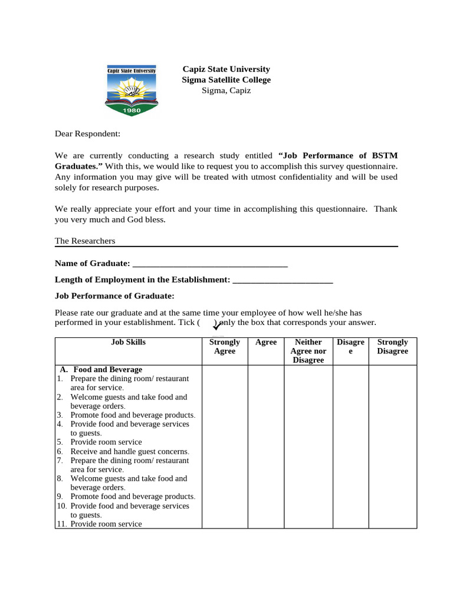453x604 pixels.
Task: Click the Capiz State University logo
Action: (x=131, y=90)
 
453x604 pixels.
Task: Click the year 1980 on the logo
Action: (x=131, y=110)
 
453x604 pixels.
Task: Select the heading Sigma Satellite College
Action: (x=226, y=80)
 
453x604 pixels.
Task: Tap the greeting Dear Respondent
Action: (x=87, y=134)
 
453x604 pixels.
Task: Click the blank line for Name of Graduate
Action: (x=210, y=263)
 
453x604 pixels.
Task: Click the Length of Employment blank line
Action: (x=283, y=280)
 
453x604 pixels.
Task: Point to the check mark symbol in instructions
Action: (x=216, y=326)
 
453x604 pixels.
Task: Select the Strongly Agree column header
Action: (x=224, y=346)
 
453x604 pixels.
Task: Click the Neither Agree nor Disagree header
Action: (x=308, y=351)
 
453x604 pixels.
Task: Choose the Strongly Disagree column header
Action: (x=392, y=346)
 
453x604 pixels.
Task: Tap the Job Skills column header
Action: (x=128, y=342)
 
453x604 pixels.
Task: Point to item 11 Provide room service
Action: (x=106, y=524)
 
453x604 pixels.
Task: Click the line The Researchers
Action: (x=85, y=241)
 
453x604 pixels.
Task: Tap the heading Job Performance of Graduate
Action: (x=114, y=296)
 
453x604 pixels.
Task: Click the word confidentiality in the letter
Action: (x=300, y=177)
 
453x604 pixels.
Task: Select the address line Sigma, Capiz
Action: (x=226, y=90)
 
